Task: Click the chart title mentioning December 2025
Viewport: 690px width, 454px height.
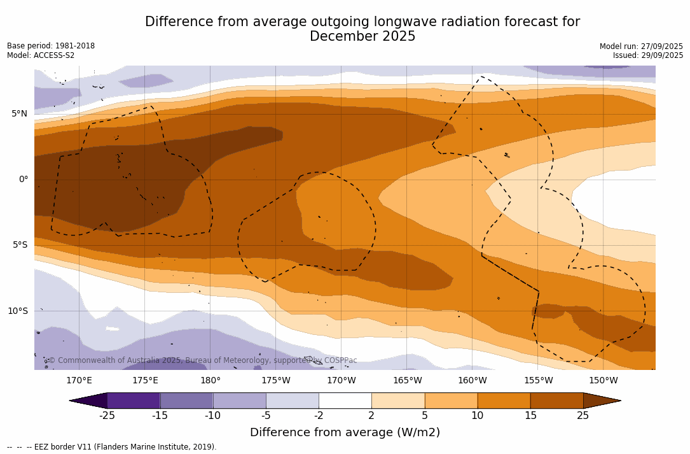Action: click(x=362, y=29)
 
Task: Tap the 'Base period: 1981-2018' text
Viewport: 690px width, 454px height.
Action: click(x=51, y=46)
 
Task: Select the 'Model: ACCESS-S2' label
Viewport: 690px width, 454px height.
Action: click(x=41, y=55)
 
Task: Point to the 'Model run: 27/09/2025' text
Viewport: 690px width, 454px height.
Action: click(x=641, y=46)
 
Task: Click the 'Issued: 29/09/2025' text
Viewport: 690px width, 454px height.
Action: click(x=648, y=55)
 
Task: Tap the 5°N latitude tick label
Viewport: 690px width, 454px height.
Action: click(x=19, y=114)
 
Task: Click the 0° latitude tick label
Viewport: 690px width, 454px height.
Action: click(x=23, y=180)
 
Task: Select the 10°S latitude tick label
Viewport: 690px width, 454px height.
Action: click(x=17, y=311)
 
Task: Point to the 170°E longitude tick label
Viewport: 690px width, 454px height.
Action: click(x=79, y=381)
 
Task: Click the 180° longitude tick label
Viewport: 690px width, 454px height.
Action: click(x=210, y=381)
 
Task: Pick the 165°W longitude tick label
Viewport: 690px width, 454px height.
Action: click(x=407, y=381)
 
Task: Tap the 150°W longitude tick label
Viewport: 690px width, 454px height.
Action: click(x=603, y=381)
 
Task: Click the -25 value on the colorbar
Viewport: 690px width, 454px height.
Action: click(x=107, y=416)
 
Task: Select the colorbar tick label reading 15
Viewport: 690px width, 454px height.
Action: click(x=530, y=416)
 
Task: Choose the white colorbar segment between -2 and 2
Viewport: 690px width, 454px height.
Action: click(x=345, y=401)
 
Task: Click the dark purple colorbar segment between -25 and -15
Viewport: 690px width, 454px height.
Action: click(x=134, y=401)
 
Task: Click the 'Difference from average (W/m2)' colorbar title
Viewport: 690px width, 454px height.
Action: click(x=345, y=432)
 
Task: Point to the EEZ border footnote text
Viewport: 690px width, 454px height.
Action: click(x=112, y=447)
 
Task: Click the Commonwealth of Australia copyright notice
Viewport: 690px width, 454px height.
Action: click(x=203, y=360)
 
